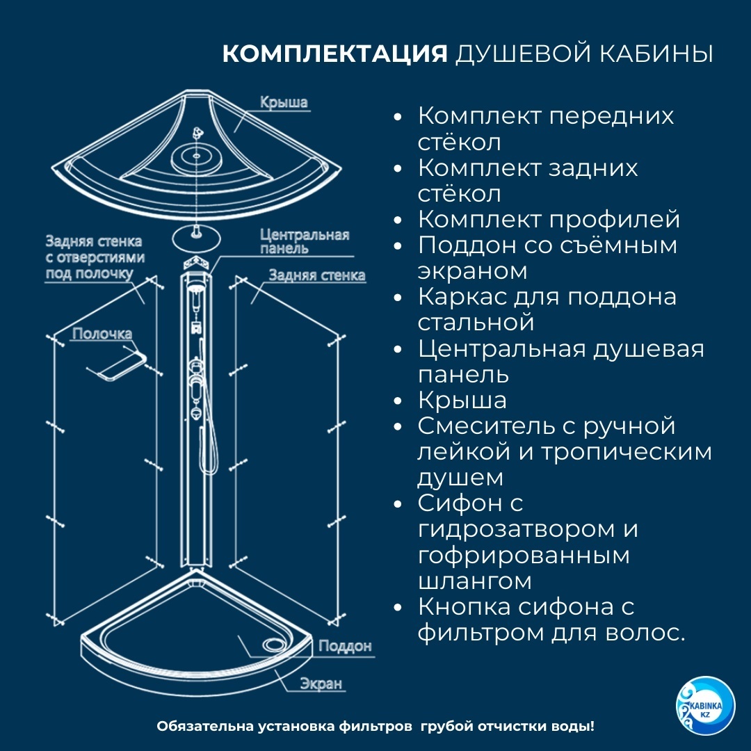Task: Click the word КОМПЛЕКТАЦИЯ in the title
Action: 334,54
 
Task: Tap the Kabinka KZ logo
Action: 705,706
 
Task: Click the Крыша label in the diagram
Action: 284,102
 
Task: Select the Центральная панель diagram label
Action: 305,241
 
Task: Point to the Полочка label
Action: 102,334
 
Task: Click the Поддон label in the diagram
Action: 345,646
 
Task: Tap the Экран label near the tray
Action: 321,684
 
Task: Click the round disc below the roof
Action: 196,237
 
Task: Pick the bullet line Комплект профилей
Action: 549,219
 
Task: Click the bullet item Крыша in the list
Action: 462,401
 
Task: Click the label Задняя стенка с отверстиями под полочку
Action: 95,257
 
